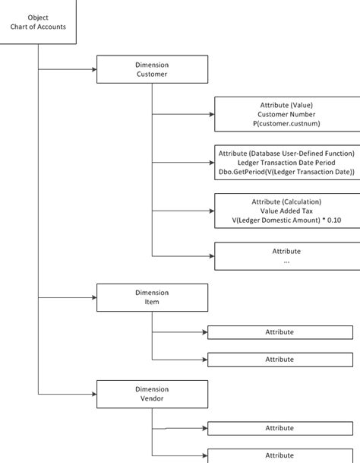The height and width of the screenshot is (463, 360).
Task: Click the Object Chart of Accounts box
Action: click(x=38, y=22)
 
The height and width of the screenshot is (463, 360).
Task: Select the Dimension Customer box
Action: click(x=152, y=69)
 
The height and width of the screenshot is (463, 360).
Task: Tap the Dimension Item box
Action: click(x=152, y=297)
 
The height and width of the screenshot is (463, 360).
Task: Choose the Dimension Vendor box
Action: click(x=152, y=394)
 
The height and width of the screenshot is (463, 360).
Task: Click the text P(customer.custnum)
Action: click(x=286, y=123)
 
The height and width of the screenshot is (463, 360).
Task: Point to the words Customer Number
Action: click(x=286, y=114)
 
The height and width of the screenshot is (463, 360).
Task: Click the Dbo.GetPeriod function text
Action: click(x=286, y=172)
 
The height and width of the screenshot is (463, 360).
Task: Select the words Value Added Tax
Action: click(x=286, y=211)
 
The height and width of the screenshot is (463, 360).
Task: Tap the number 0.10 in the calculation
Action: click(x=334, y=220)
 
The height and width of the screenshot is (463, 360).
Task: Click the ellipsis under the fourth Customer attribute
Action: click(x=286, y=262)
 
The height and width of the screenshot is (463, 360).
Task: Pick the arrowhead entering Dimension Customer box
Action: click(x=94, y=69)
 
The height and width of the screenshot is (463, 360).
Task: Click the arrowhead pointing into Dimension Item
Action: click(x=94, y=297)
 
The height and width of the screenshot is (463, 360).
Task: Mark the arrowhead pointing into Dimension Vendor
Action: click(x=94, y=394)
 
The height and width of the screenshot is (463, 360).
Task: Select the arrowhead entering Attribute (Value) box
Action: click(x=212, y=114)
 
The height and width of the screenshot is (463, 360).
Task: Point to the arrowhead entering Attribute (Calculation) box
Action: click(x=212, y=211)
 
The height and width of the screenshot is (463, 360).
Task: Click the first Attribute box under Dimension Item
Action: click(x=280, y=332)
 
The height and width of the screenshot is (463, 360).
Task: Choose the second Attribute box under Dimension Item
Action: click(x=280, y=360)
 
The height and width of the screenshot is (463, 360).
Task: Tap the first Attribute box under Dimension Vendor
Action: click(x=280, y=428)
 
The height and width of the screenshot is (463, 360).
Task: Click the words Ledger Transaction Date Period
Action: click(x=286, y=163)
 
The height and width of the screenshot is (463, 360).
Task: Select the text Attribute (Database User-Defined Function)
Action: click(x=286, y=154)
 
